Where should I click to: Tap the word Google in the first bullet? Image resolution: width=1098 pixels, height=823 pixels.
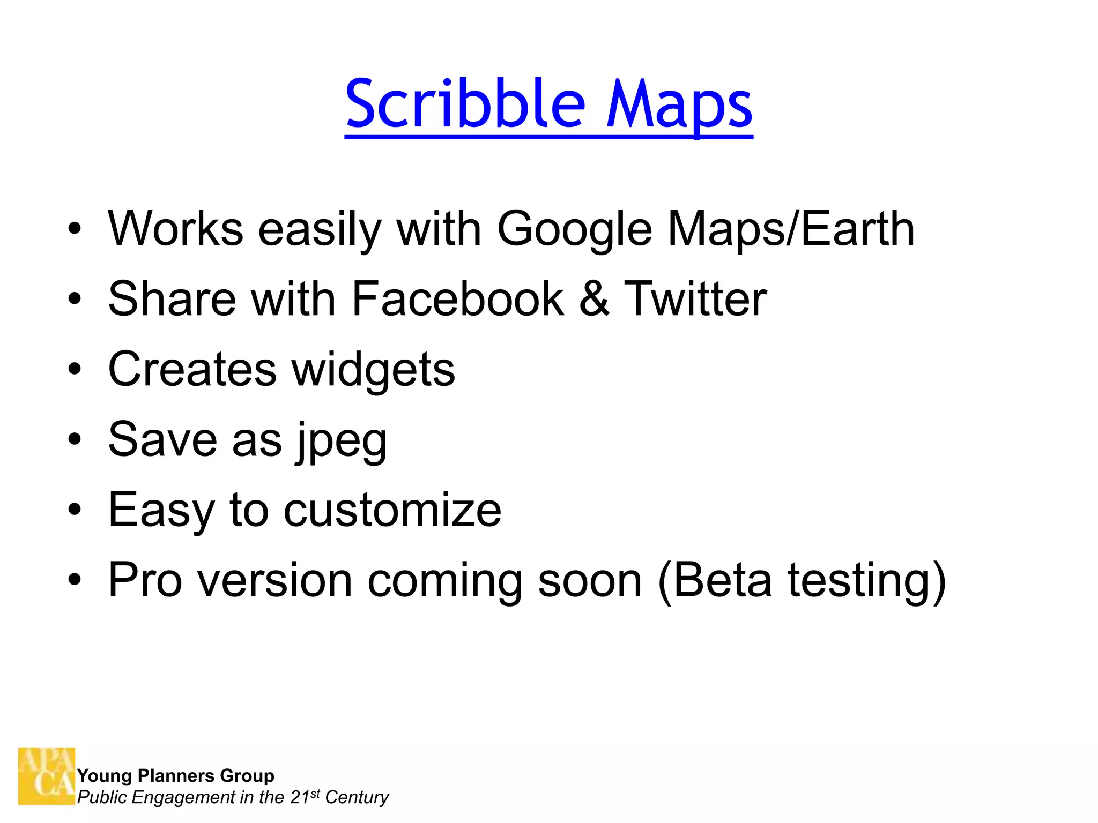tap(575, 229)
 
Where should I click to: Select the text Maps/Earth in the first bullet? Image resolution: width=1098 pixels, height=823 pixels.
tap(791, 229)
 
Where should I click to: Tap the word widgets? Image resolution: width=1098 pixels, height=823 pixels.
tap(373, 370)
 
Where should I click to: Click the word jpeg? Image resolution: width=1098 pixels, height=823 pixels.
tap(342, 440)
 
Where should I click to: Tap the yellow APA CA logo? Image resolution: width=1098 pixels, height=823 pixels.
tap(47, 776)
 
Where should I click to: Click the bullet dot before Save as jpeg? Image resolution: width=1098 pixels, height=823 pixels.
tap(75, 439)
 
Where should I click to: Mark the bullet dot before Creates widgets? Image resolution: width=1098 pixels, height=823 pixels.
tap(75, 369)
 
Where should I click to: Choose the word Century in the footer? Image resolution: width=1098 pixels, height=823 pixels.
tap(357, 798)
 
